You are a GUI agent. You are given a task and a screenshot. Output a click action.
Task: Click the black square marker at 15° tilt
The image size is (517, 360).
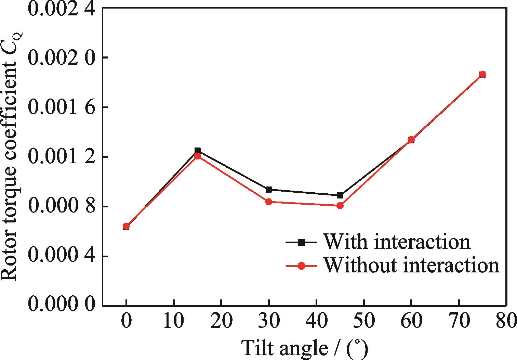[197, 150]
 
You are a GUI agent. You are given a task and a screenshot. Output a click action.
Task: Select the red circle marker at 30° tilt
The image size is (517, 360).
[269, 202]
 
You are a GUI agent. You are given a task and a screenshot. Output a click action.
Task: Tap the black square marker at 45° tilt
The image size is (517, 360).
[340, 195]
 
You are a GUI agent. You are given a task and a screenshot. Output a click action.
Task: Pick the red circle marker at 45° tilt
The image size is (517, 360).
[340, 206]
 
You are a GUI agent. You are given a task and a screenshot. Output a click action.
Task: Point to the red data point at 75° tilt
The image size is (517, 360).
[482, 74]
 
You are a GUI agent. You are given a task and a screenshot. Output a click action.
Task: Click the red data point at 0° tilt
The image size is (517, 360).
[126, 226]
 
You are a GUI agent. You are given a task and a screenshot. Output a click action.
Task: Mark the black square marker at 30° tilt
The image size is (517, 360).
[269, 189]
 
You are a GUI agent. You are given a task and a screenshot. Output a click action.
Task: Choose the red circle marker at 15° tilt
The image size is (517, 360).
[197, 156]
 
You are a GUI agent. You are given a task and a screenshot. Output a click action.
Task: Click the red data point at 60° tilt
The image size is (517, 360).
[411, 140]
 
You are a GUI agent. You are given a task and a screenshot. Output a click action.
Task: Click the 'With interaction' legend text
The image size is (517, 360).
[397, 242]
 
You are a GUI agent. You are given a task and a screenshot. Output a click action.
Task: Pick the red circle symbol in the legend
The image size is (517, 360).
[301, 266]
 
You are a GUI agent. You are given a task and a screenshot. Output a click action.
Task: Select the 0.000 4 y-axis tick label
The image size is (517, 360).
[61, 256]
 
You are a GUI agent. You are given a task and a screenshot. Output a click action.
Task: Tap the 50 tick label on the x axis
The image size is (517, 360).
[364, 322]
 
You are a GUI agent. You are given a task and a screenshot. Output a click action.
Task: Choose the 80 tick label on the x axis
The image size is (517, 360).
[505, 322]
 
